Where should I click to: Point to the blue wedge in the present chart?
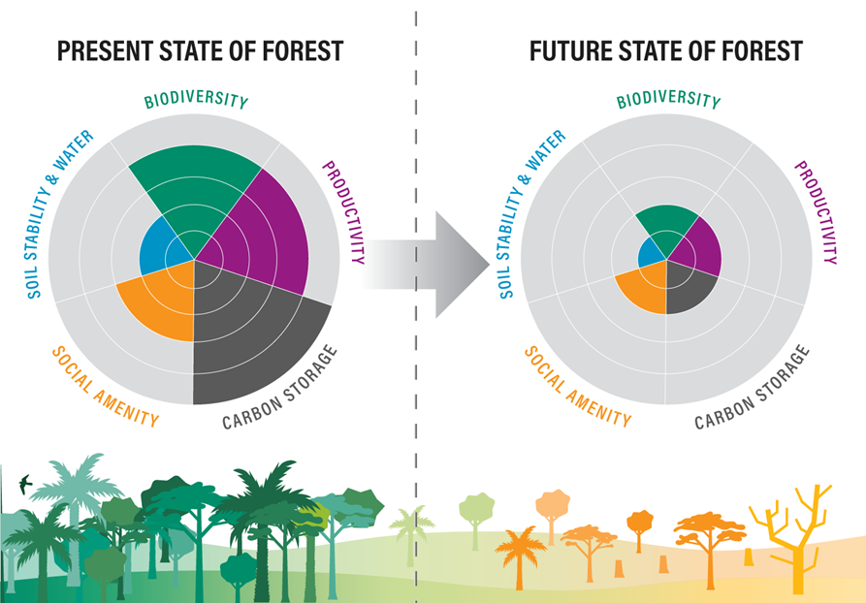[x=160, y=247]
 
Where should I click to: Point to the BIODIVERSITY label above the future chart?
[x=668, y=100]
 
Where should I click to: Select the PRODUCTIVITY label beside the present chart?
[x=344, y=212]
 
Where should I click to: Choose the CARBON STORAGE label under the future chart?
[x=752, y=389]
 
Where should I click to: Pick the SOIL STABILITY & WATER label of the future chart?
[x=531, y=214]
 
